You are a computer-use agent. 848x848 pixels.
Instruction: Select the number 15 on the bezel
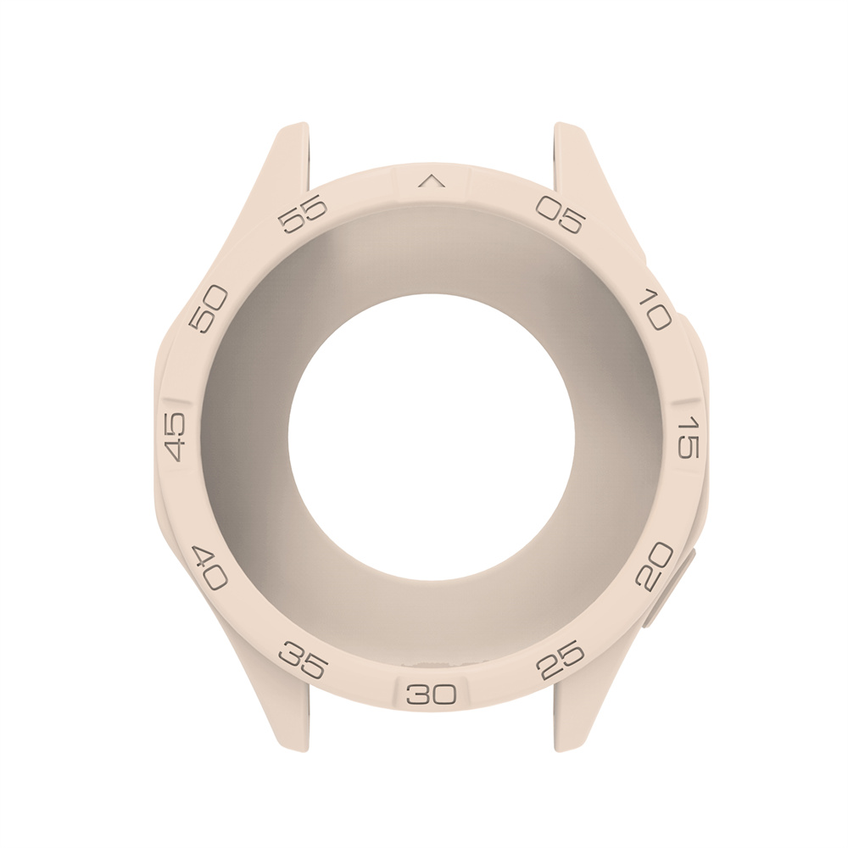[x=688, y=438]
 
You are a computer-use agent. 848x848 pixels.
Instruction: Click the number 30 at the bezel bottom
[x=432, y=695]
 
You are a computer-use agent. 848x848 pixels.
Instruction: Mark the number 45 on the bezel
[x=175, y=437]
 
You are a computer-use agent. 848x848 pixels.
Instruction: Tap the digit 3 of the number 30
[x=421, y=695]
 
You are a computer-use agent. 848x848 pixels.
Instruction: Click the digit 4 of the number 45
[x=175, y=449]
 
